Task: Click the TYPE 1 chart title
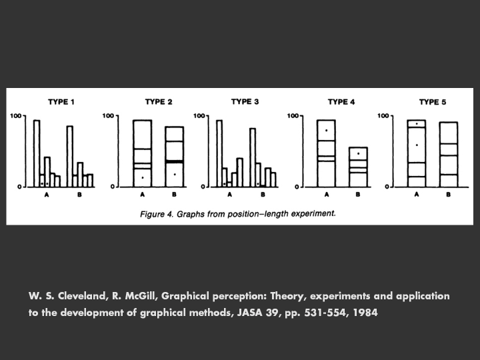click(61, 102)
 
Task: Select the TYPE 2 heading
click(159, 102)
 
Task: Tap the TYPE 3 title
click(245, 102)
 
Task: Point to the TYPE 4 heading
click(341, 102)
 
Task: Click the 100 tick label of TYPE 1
click(15, 116)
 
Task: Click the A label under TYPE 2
click(143, 195)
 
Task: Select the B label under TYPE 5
click(448, 195)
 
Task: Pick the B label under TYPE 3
click(263, 195)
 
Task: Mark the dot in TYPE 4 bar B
click(359, 153)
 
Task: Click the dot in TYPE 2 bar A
click(143, 177)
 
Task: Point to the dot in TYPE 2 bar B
click(175, 175)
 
